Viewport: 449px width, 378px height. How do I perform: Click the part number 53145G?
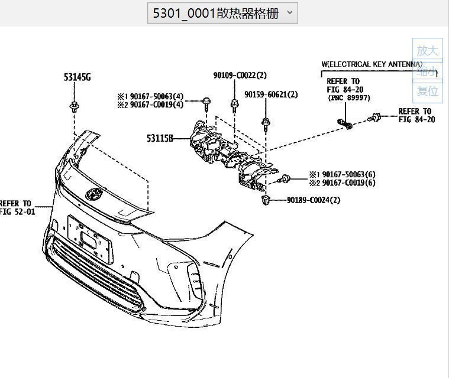point(77,77)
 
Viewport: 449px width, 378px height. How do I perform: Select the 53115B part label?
point(160,139)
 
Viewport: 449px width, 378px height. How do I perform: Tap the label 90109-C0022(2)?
point(240,76)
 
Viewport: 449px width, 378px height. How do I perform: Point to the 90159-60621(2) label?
point(271,94)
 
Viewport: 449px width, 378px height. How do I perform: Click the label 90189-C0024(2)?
point(314,200)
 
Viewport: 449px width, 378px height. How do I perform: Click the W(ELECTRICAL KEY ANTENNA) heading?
point(372,64)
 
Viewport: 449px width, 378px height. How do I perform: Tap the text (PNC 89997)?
point(348,98)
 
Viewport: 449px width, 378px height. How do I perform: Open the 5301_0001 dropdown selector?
point(222,13)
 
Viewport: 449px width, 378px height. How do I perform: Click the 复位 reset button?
point(427,91)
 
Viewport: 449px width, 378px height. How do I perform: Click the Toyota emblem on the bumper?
point(93,194)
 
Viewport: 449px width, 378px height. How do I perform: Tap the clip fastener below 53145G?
point(74,107)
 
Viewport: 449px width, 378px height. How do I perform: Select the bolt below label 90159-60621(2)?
point(265,123)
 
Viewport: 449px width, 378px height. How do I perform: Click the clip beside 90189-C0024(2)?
point(266,200)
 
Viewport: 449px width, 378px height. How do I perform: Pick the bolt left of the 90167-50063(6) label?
point(286,178)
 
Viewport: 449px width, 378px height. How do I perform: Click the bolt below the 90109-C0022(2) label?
point(234,106)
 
